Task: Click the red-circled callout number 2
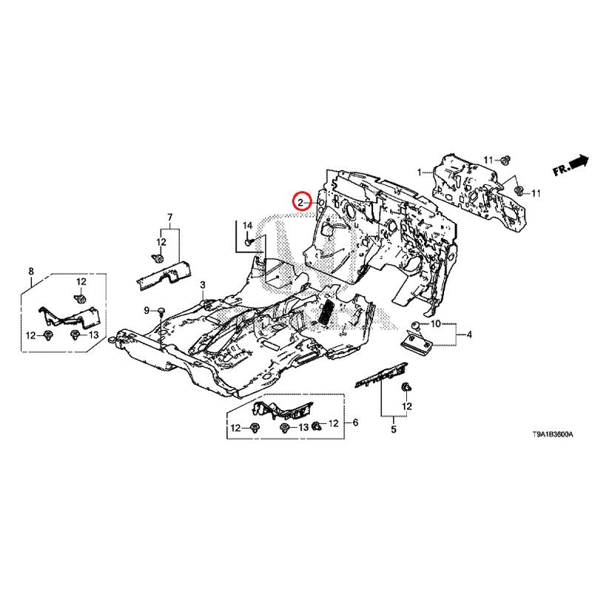tap(300, 203)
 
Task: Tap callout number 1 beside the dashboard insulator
tap(419, 172)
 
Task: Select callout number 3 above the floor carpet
tap(203, 284)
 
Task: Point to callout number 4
tap(469, 334)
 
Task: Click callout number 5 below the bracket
tap(394, 429)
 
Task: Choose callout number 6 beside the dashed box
tap(355, 423)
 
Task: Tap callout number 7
tap(170, 217)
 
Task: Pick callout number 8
tap(31, 271)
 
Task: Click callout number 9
tap(147, 311)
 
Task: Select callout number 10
tap(435, 323)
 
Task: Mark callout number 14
tap(247, 226)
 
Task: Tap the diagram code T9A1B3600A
tap(552, 434)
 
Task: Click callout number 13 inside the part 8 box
tap(93, 334)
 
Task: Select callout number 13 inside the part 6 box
tap(303, 428)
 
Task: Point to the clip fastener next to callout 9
tap(162, 311)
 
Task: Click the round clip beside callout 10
tap(416, 326)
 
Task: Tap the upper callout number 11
tap(488, 161)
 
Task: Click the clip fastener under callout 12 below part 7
tap(158, 258)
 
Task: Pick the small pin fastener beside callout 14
tap(249, 241)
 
